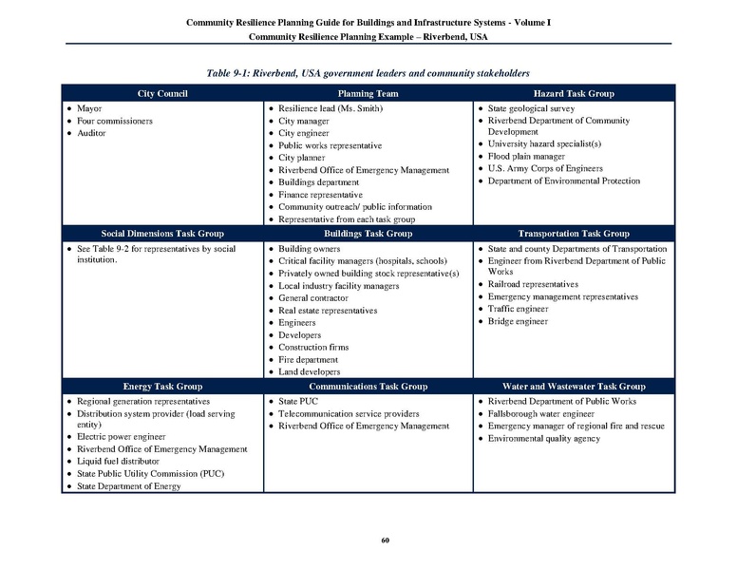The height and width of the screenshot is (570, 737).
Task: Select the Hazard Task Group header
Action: point(574,94)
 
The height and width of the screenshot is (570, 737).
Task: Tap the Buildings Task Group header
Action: point(368,234)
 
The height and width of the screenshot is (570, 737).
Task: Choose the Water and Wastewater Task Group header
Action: point(574,387)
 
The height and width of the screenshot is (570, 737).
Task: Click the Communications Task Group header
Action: point(368,387)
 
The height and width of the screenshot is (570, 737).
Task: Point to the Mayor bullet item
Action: point(89,108)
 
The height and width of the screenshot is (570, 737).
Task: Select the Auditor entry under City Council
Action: point(92,133)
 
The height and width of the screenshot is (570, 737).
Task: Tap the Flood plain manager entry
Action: point(526,156)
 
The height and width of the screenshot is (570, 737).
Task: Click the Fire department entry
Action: point(308,360)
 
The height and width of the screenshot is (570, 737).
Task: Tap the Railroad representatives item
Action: point(533,284)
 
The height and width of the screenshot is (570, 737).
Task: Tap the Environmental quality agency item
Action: point(544,439)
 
